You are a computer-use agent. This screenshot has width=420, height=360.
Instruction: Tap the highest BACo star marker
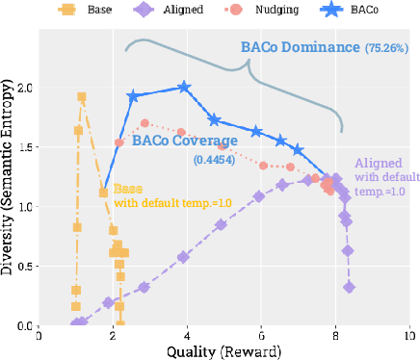click(184, 88)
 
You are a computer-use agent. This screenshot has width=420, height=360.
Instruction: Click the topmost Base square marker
click(82, 97)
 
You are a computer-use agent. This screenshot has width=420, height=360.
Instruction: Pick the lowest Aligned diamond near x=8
click(350, 287)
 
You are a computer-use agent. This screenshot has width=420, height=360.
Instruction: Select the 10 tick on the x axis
click(409, 337)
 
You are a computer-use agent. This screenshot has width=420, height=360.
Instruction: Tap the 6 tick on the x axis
click(261, 337)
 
